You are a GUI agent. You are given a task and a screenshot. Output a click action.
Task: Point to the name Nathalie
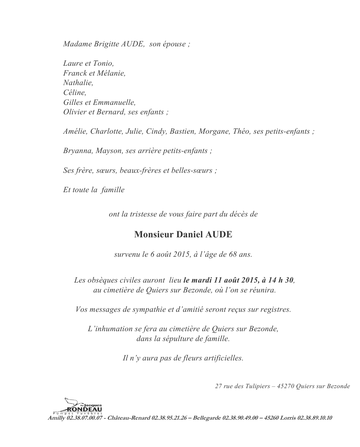[78, 83]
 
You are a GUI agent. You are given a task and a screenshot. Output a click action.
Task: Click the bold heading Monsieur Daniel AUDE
[183, 235]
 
